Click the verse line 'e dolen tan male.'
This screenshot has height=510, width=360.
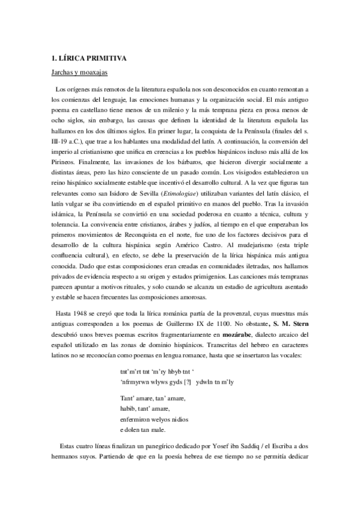click(142, 429)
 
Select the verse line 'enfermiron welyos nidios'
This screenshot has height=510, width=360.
click(153, 419)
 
